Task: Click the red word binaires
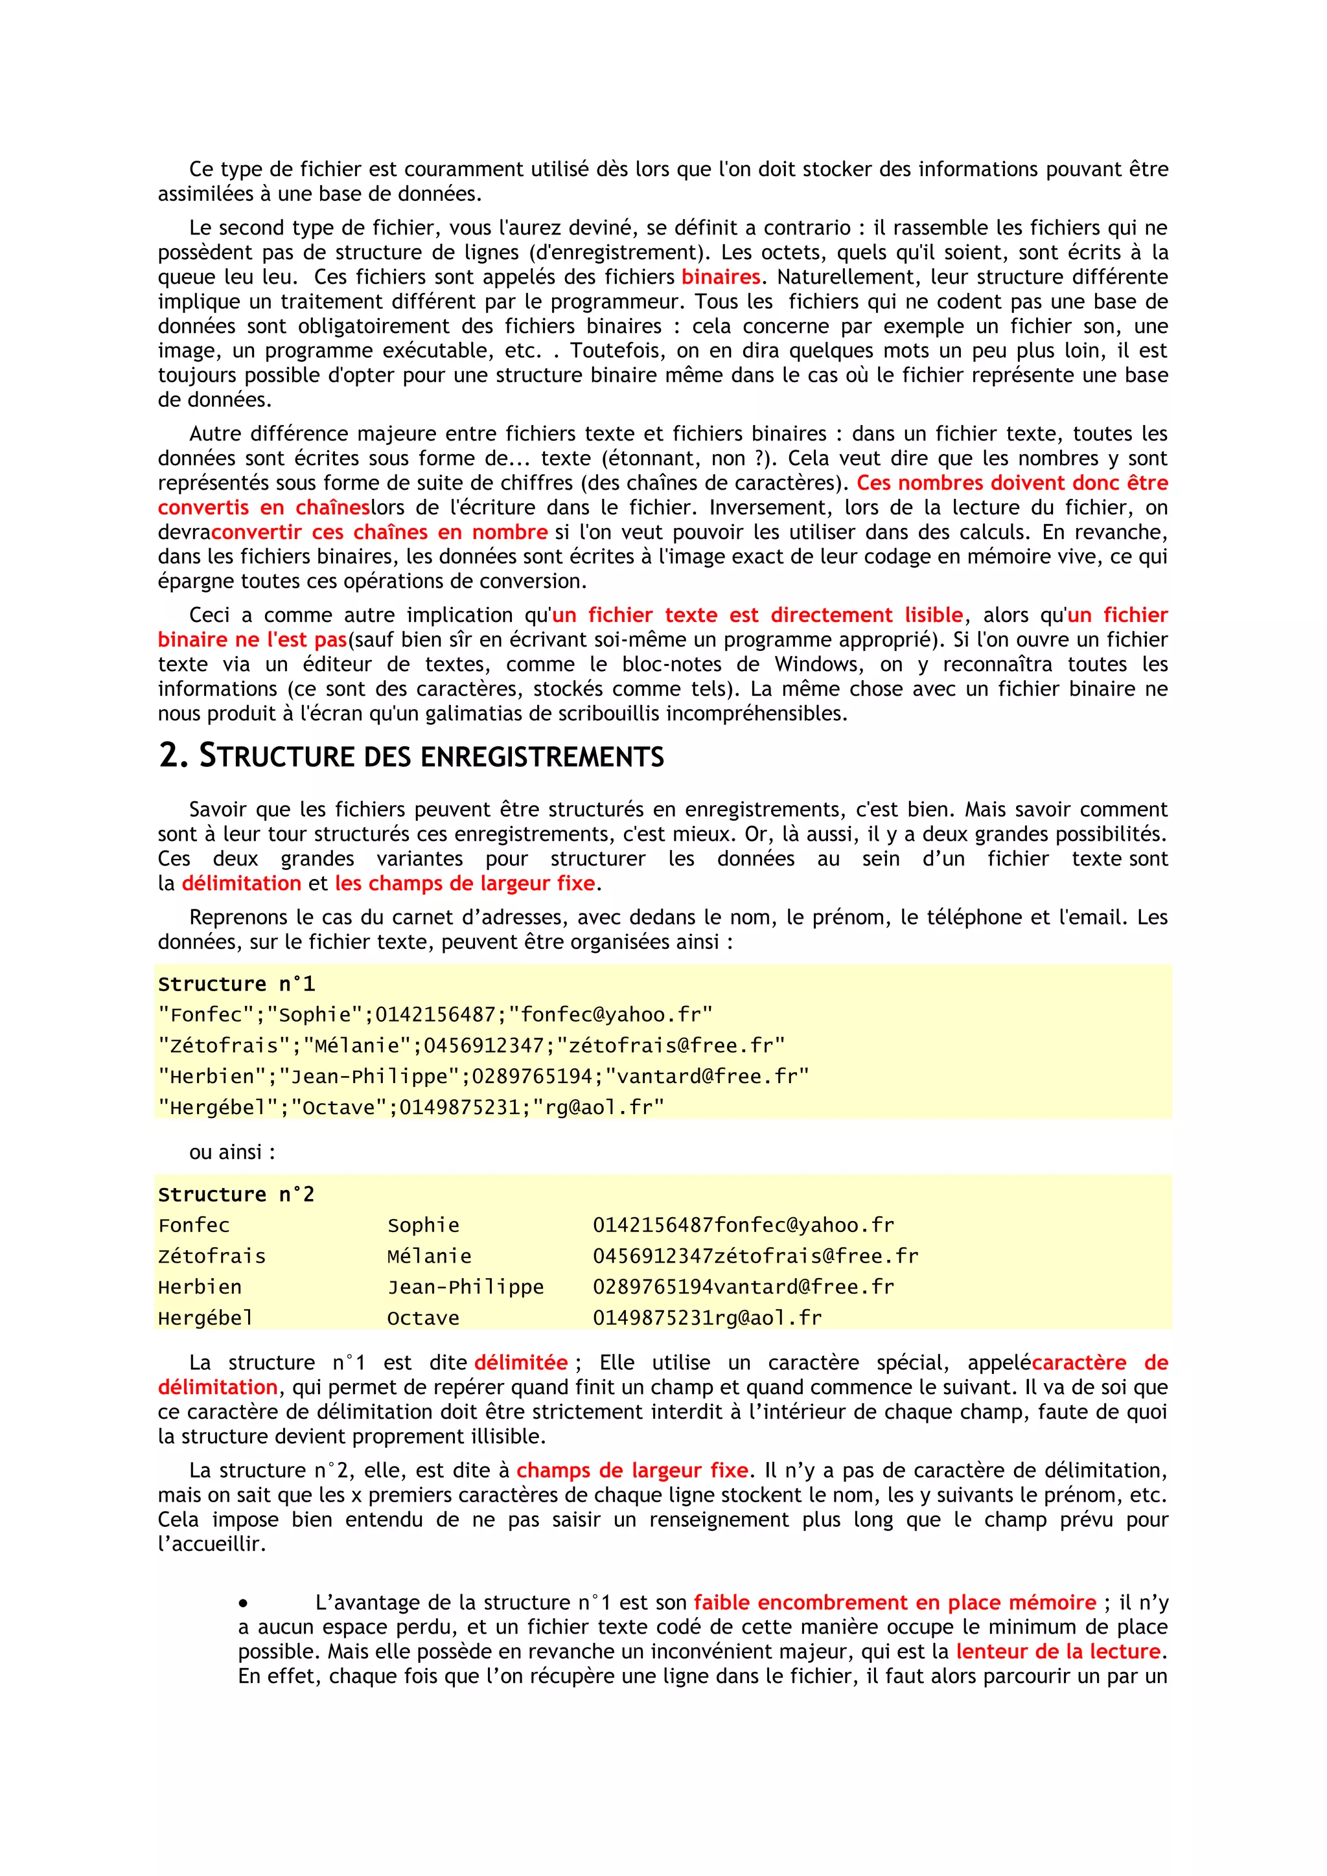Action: click(x=720, y=277)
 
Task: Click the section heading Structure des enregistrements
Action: click(x=411, y=757)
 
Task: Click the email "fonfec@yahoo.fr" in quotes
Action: click(x=610, y=1015)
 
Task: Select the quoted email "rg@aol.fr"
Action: click(x=598, y=1108)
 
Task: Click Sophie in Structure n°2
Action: click(x=423, y=1226)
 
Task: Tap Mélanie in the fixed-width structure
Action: click(x=429, y=1257)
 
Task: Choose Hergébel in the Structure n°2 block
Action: click(x=206, y=1318)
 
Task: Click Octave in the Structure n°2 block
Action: click(x=423, y=1318)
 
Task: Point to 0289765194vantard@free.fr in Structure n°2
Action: click(x=744, y=1287)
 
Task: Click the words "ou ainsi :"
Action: click(x=232, y=1152)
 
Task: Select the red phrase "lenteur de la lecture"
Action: click(x=1058, y=1651)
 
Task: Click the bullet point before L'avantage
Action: click(x=244, y=1604)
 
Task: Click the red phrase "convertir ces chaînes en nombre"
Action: click(x=379, y=532)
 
